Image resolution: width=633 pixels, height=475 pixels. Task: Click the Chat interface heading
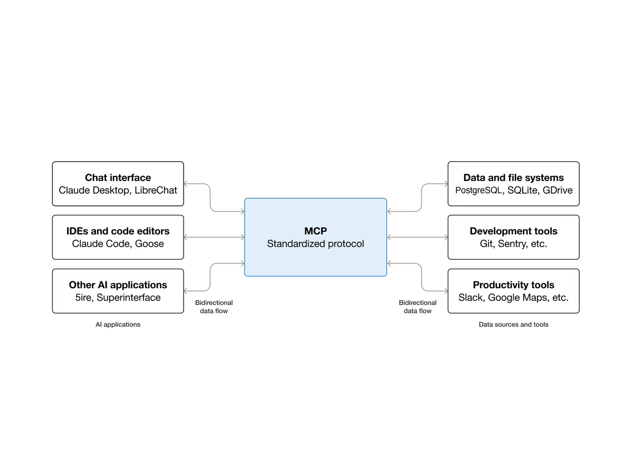coord(118,178)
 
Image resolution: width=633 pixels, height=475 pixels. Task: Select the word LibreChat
coord(156,191)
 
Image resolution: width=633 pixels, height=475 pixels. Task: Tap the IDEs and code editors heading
coord(118,231)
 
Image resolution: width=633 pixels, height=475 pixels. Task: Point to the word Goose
coord(149,244)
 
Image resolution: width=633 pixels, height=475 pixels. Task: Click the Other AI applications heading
coord(118,285)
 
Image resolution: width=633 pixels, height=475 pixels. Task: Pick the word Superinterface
coord(129,298)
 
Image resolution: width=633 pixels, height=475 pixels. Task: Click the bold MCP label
coord(315,231)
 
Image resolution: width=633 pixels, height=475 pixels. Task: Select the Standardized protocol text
coord(315,244)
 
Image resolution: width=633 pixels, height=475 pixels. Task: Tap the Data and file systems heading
coord(513,178)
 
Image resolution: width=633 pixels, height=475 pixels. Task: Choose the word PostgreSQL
coord(478,191)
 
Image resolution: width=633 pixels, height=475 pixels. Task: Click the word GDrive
coord(558,191)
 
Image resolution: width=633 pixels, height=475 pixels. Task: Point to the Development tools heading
coord(513,231)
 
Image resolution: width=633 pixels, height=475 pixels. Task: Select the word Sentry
coord(512,244)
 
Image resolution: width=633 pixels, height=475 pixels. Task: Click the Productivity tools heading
coord(513,285)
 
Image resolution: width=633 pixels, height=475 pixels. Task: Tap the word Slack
coord(470,298)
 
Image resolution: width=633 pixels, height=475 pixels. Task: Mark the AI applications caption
coord(118,325)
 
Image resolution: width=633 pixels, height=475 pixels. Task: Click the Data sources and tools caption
coord(513,325)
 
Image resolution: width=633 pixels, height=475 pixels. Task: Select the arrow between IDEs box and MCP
coord(214,237)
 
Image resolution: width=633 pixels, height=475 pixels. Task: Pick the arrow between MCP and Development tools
coord(417,237)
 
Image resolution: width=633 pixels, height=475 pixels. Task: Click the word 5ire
coord(83,298)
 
